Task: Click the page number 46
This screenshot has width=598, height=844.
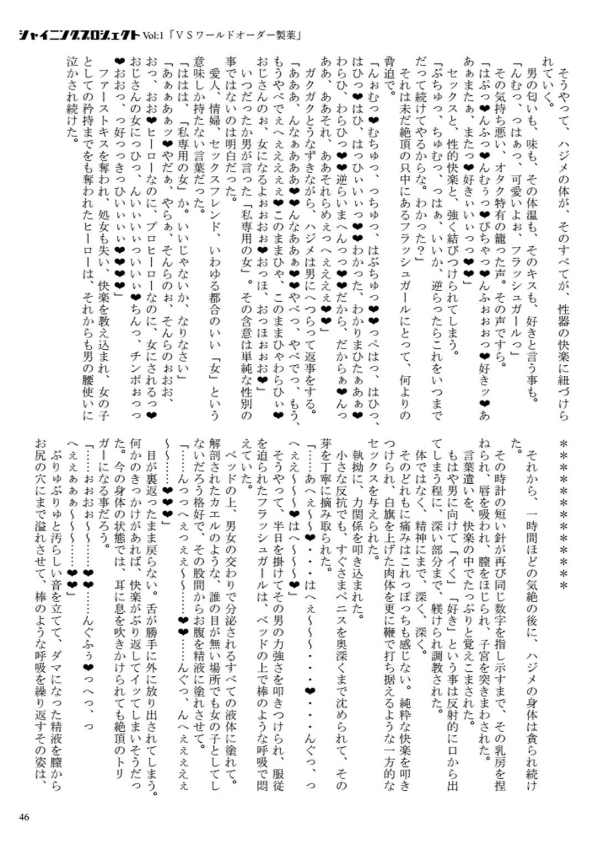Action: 23,817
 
